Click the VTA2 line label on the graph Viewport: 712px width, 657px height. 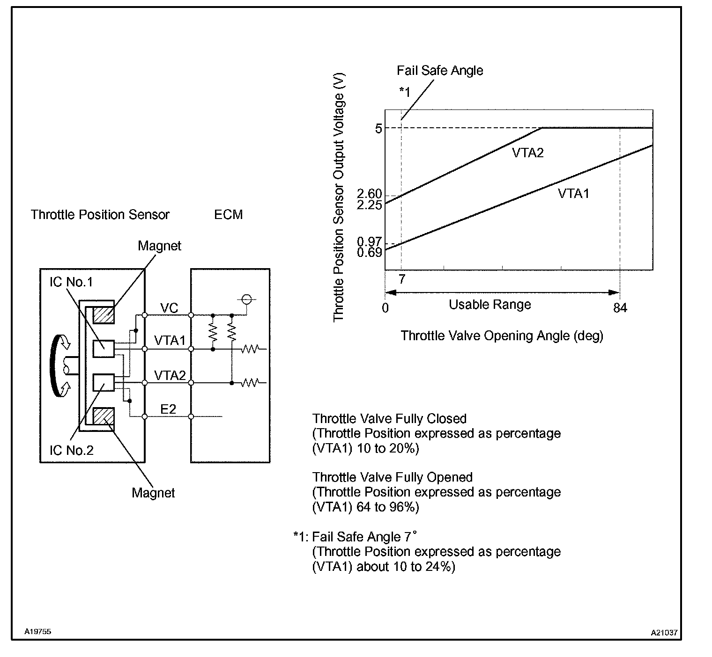tap(527, 153)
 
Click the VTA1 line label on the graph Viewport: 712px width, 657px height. tap(573, 193)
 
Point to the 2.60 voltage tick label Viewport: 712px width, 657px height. tap(369, 194)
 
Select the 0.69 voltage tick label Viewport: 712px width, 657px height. tap(369, 252)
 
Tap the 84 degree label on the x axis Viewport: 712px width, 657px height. tap(620, 307)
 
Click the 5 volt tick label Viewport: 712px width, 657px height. tap(378, 128)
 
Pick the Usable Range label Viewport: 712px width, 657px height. tap(490, 305)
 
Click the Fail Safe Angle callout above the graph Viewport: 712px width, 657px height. tap(440, 71)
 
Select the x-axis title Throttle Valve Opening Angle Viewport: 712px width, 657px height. tap(502, 336)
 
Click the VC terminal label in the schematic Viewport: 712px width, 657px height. tap(169, 307)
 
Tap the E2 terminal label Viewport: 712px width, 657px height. tap(168, 409)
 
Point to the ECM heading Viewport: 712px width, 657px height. tap(228, 215)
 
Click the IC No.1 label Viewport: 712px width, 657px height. tap(71, 282)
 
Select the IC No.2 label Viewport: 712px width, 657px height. tap(72, 450)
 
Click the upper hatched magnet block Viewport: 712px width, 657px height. tap(104, 314)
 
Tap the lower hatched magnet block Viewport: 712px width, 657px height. tap(104, 416)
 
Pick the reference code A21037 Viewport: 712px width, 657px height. tap(664, 633)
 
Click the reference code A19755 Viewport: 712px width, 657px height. tap(38, 632)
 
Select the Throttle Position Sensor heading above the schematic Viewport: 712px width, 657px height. tap(100, 215)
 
